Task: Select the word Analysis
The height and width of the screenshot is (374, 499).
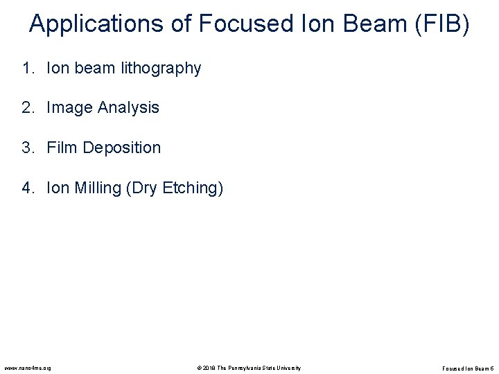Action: pyautogui.click(x=129, y=108)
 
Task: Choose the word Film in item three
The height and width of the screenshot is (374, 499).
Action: pyautogui.click(x=61, y=148)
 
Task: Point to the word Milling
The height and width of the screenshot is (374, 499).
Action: pyautogui.click(x=96, y=188)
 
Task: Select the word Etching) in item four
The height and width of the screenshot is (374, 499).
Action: pyautogui.click(x=195, y=188)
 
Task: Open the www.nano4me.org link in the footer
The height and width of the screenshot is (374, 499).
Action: pyautogui.click(x=27, y=367)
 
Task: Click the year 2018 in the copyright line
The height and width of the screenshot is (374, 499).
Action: pyautogui.click(x=209, y=367)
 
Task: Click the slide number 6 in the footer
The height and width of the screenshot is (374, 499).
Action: pyautogui.click(x=491, y=367)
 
